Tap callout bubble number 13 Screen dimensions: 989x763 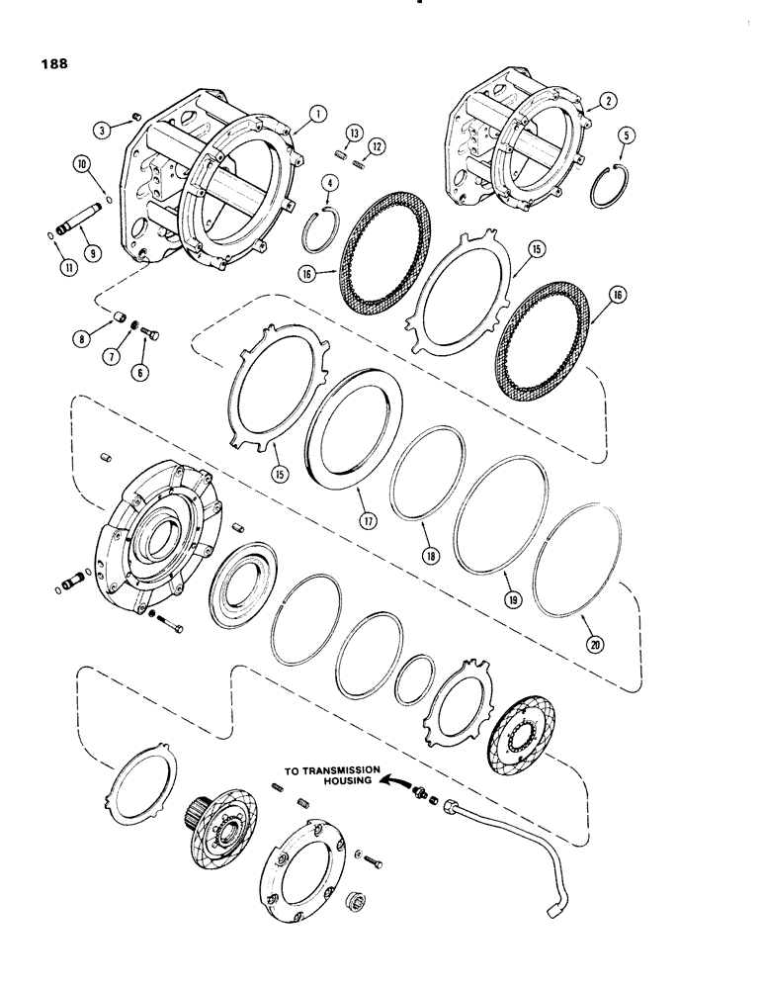point(353,134)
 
